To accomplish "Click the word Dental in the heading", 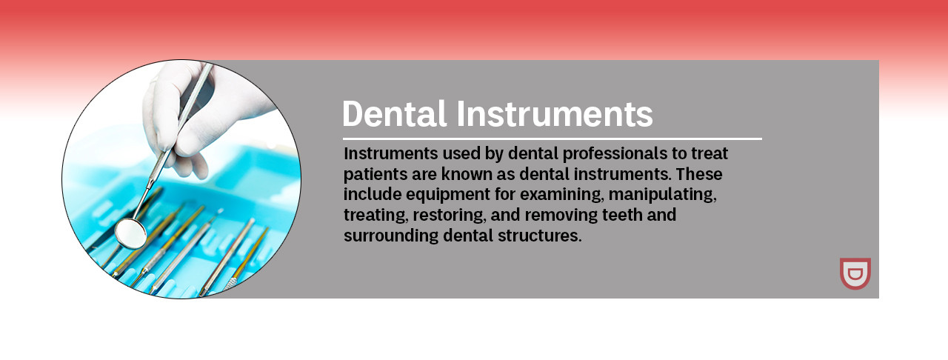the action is click(x=395, y=113).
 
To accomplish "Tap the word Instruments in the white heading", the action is click(x=555, y=113).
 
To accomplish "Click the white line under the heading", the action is click(x=553, y=139).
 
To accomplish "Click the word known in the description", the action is click(x=464, y=173).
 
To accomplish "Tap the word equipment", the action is click(x=448, y=195).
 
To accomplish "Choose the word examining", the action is click(x=561, y=195).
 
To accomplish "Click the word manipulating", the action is click(x=663, y=195).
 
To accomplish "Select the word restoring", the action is click(x=449, y=215).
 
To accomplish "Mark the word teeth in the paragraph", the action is click(x=622, y=215).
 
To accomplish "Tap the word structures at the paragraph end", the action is click(x=540, y=236).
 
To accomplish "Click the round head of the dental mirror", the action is click(x=131, y=233).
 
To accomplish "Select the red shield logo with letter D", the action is click(x=855, y=273).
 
